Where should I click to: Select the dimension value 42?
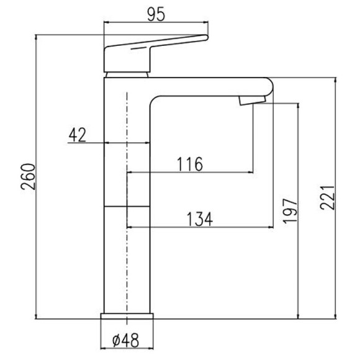coord(76,134)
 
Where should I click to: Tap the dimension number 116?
coord(189,164)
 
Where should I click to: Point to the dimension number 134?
coord(199,219)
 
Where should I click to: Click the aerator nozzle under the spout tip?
coord(248,99)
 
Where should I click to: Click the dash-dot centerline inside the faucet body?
coord(127,186)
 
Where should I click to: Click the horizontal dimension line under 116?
coord(189,172)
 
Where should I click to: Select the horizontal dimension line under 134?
coord(199,227)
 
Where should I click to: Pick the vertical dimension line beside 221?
coord(336,199)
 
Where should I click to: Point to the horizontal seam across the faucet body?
coord(127,205)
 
